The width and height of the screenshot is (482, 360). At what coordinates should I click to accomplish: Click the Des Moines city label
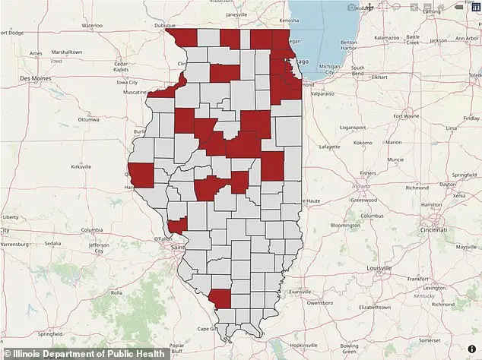[x=35, y=78]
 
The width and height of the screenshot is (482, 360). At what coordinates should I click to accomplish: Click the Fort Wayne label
[x=405, y=116]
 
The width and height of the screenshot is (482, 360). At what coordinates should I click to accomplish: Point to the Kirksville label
[x=81, y=166]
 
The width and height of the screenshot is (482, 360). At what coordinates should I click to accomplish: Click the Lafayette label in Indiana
[x=328, y=146]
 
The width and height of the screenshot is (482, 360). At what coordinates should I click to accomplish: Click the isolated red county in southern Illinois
[x=220, y=298]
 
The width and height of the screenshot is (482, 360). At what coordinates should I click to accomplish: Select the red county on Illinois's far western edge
[x=141, y=174]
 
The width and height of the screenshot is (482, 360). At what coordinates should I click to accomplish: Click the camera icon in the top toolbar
[x=351, y=8]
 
